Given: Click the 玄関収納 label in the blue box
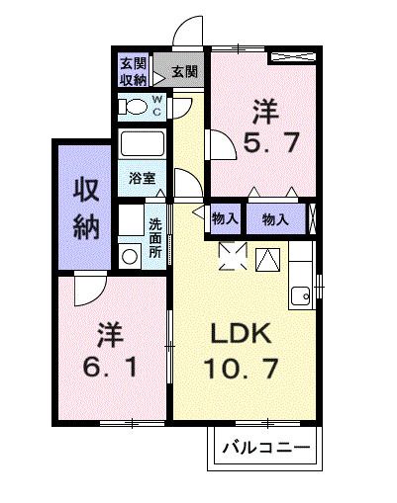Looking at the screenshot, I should click(x=135, y=71).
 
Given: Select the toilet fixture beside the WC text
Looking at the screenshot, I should click(x=132, y=106).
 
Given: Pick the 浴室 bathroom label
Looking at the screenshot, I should click(x=142, y=180).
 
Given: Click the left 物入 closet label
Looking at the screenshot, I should click(x=224, y=217).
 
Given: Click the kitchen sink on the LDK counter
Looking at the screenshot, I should click(x=301, y=293).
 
